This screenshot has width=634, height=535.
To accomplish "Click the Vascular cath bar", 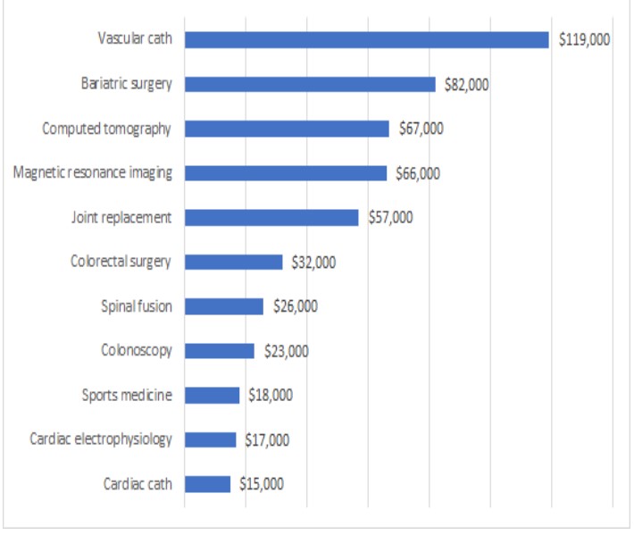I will tap(366, 39).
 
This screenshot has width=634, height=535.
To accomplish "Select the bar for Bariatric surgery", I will tap(310, 84).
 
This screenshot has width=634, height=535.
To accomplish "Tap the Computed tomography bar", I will tap(287, 129).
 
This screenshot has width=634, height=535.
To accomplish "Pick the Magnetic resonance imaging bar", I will tap(286, 172).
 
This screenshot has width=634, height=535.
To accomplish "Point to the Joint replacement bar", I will tap(271, 217).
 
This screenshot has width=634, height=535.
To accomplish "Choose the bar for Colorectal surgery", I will tap(233, 262).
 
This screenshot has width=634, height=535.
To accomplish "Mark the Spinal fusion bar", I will tap(224, 306).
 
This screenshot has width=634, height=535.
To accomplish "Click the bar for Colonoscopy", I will tap(220, 351).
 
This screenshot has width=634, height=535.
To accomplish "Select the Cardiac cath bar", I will tap(207, 484).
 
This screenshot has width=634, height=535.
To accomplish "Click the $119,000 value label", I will tap(585, 39).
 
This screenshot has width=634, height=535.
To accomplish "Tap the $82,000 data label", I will tap(466, 84).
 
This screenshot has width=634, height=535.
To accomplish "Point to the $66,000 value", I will tap(417, 173).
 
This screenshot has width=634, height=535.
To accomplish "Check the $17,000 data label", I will tap(267, 439).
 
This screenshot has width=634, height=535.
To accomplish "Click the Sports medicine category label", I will tap(127, 395).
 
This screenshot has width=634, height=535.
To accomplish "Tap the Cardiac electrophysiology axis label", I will tap(101, 439).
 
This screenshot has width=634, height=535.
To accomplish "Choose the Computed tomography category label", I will tap(106, 129).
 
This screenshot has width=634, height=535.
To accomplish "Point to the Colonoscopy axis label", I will tap(136, 351).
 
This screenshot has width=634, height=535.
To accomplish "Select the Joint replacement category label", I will tap(121, 217).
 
